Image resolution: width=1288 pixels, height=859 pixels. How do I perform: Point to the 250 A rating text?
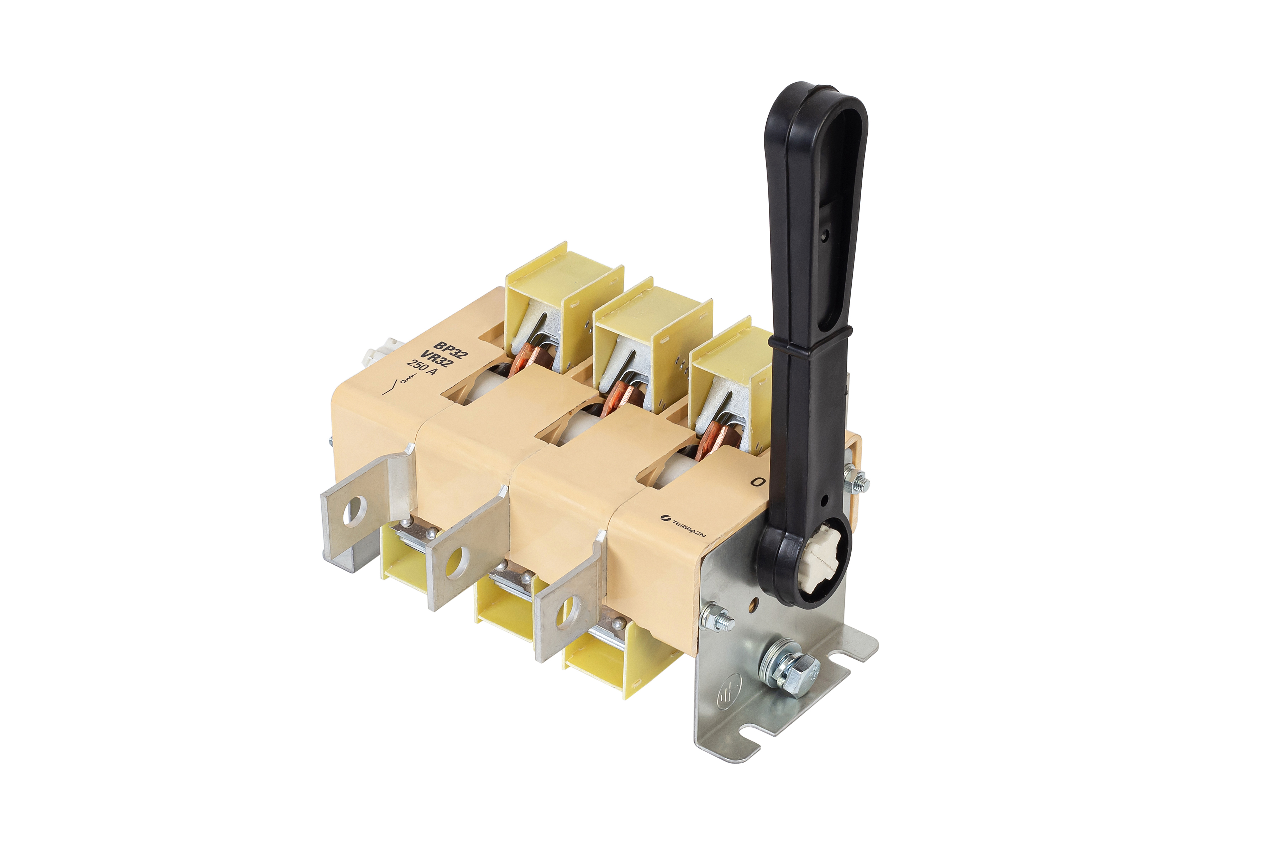point(422,367)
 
